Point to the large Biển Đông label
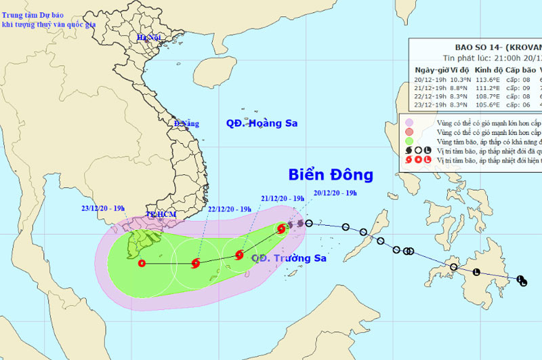pyautogui.click(x=331, y=175)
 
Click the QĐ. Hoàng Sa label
pyautogui.click(x=262, y=123)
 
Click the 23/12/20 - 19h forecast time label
pyautogui.click(x=103, y=209)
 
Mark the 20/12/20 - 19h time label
pyautogui.click(x=335, y=193)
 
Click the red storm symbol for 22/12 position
pyautogui.click(x=196, y=263)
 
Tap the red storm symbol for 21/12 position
pyautogui.click(x=239, y=255)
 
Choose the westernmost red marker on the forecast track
pyautogui.click(x=142, y=263)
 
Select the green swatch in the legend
pyautogui.click(x=409, y=142)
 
